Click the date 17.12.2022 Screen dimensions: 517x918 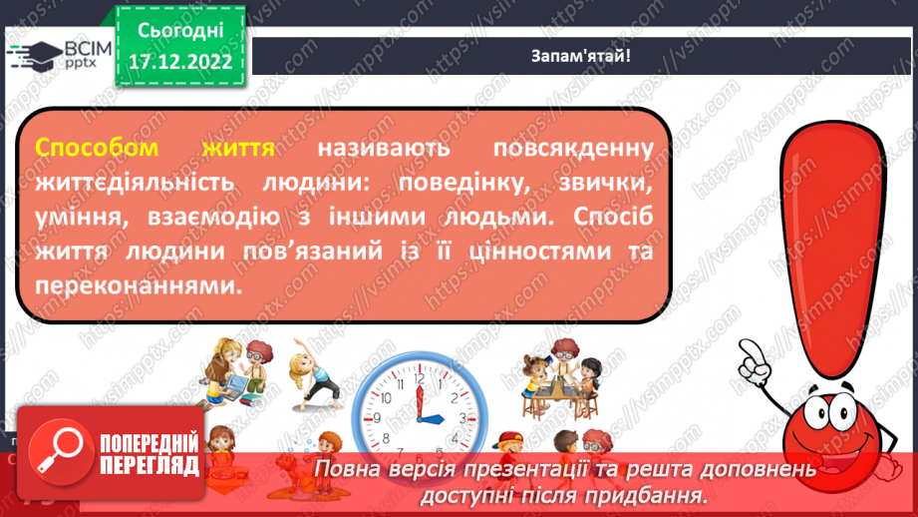[180, 61]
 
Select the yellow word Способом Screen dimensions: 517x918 [97, 149]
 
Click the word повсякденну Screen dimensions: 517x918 [573, 149]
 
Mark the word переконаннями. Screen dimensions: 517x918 [139, 284]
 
